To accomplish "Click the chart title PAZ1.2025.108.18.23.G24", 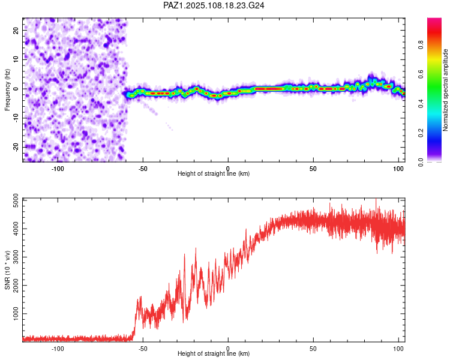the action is pos(214,5).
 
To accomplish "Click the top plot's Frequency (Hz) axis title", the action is pos(7,90).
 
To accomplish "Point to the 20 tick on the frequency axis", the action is pos(16,31).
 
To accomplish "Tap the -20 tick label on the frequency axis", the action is pos(16,147).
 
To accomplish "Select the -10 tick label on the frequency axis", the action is pos(16,118).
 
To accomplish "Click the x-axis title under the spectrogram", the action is pos(214,173).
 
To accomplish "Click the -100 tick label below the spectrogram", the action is pos(58,169).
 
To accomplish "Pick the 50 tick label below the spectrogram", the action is pos(313,169).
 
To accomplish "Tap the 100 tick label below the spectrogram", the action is pos(398,169).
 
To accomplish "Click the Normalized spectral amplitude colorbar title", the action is pos(445,90).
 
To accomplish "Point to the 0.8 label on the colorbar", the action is pos(421,45).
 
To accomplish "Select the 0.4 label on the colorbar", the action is pos(421,104).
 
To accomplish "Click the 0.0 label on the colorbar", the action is pos(421,163).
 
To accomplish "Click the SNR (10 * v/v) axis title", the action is pos(7,270).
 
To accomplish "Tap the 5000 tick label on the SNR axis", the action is pos(16,200).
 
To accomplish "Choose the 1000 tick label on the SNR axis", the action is pos(16,314).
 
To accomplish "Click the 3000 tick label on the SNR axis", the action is pos(16,257).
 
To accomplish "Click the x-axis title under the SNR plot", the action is pos(214,353).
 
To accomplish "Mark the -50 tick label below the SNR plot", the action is pos(143,349).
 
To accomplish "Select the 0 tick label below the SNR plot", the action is pos(228,349).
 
